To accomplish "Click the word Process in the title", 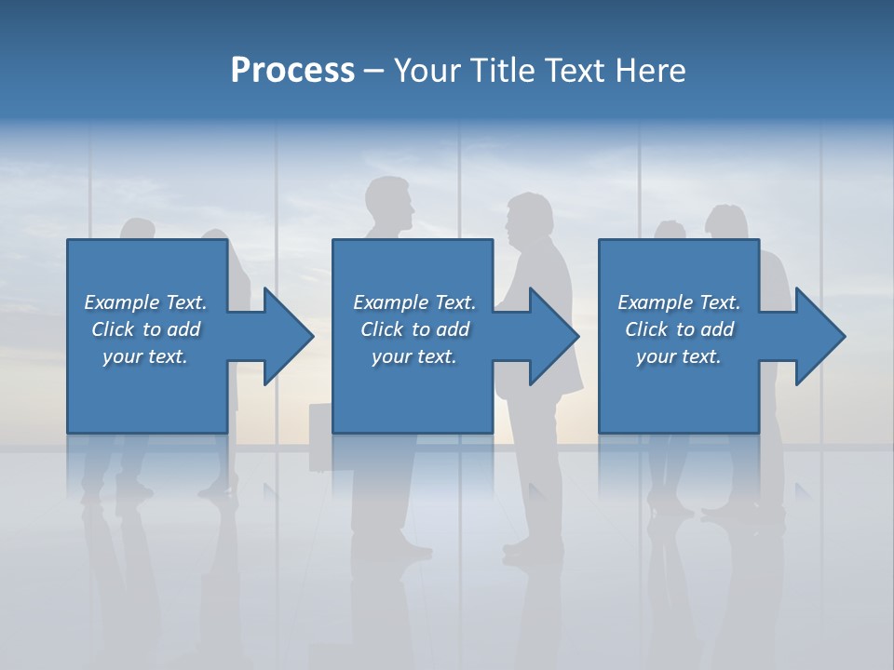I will click(291, 71).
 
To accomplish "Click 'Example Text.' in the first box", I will click(145, 302).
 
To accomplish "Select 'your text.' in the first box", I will click(145, 356).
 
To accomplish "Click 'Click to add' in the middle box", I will click(414, 329).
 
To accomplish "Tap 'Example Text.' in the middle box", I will click(414, 302).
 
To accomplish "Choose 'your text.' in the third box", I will click(679, 356).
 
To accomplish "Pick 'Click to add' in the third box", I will click(679, 329).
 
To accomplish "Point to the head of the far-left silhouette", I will click(138, 231).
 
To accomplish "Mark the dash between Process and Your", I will click(373, 71).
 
